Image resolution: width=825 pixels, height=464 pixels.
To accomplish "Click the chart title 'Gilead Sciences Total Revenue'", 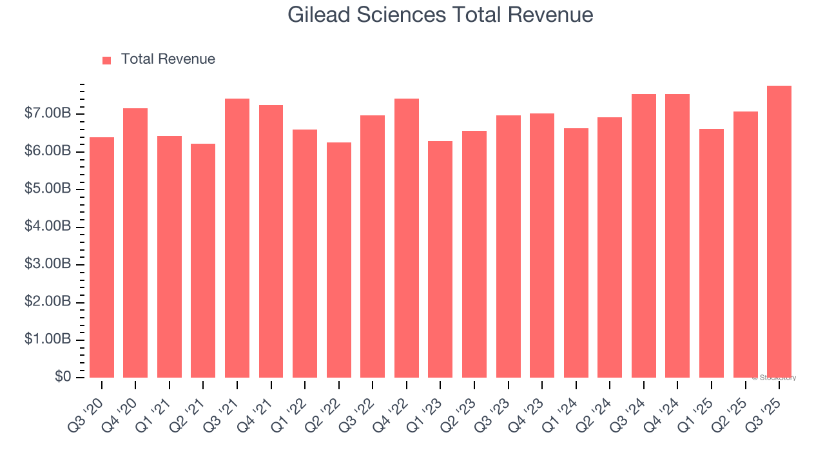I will [440, 15].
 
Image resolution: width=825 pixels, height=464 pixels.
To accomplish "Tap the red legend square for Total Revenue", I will [107, 60].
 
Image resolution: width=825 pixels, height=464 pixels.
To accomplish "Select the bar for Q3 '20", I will [102, 257].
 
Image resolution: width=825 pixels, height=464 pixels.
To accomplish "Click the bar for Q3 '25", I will [779, 231].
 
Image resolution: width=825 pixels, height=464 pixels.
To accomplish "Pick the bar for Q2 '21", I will [203, 260].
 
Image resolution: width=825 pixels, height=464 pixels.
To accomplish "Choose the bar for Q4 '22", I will [407, 238].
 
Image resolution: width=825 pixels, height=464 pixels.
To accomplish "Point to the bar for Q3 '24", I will [644, 236].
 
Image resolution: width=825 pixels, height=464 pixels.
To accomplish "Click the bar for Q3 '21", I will [237, 238].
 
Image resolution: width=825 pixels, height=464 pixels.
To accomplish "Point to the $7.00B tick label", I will [48, 114].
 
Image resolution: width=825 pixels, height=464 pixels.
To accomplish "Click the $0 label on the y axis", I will [63, 377].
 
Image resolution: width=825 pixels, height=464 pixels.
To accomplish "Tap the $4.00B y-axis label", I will [48, 227].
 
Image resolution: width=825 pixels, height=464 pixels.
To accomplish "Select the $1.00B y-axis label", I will [48, 340].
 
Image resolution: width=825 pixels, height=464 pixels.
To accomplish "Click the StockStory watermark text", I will [773, 378].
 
